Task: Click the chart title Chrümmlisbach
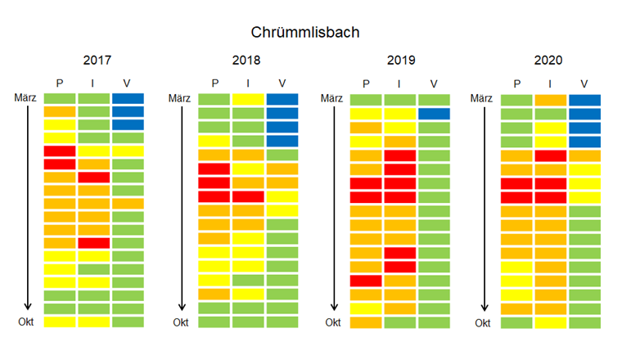click(x=304, y=34)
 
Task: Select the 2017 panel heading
click(x=97, y=61)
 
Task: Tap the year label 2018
click(x=246, y=61)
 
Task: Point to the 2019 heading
click(x=400, y=61)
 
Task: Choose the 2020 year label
click(x=549, y=61)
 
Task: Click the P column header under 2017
click(x=59, y=83)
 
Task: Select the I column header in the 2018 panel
click(x=248, y=83)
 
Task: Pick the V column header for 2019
click(x=434, y=83)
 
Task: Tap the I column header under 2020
click(x=550, y=83)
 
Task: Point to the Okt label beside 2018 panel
click(x=181, y=322)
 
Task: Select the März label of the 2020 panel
click(x=484, y=98)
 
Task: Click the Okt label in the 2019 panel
click(x=332, y=322)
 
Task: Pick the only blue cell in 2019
click(x=434, y=114)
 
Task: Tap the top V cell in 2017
click(x=128, y=99)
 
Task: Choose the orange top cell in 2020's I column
click(x=550, y=100)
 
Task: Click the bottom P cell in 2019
click(x=366, y=322)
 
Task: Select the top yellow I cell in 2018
click(x=248, y=100)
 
